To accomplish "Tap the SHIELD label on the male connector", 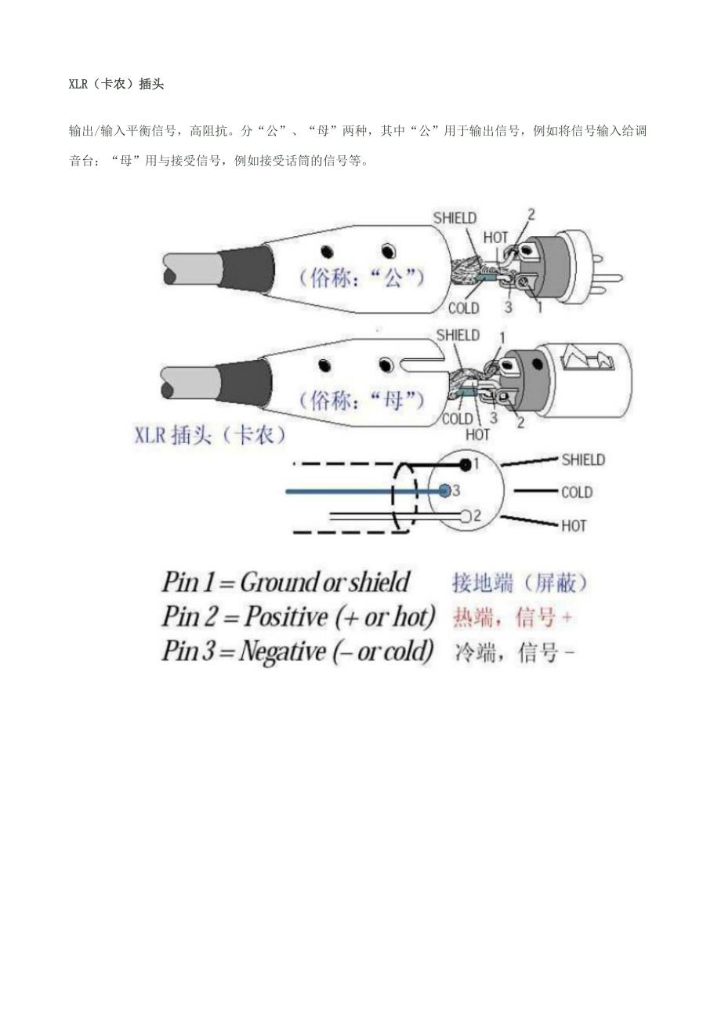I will [x=455, y=218].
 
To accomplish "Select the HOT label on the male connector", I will [x=495, y=237].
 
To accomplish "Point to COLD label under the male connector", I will [x=463, y=308].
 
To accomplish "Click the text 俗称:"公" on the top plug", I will [x=361, y=278].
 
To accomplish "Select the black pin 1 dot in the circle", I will [x=466, y=465].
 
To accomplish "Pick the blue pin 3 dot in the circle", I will [x=444, y=491].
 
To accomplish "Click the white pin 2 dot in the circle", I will [x=466, y=516].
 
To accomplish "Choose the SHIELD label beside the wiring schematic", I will [x=583, y=460].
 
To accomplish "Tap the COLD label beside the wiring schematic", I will [x=577, y=492].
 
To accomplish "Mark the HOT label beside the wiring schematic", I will [x=574, y=525].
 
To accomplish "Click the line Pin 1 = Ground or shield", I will [x=285, y=583].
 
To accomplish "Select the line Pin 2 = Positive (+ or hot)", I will [x=298, y=617].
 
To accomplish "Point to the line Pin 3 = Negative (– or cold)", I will [x=298, y=652].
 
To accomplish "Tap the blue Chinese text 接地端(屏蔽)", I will [x=520, y=583].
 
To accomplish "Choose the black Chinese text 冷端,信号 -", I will [x=515, y=652].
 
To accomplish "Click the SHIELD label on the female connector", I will [x=458, y=336].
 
